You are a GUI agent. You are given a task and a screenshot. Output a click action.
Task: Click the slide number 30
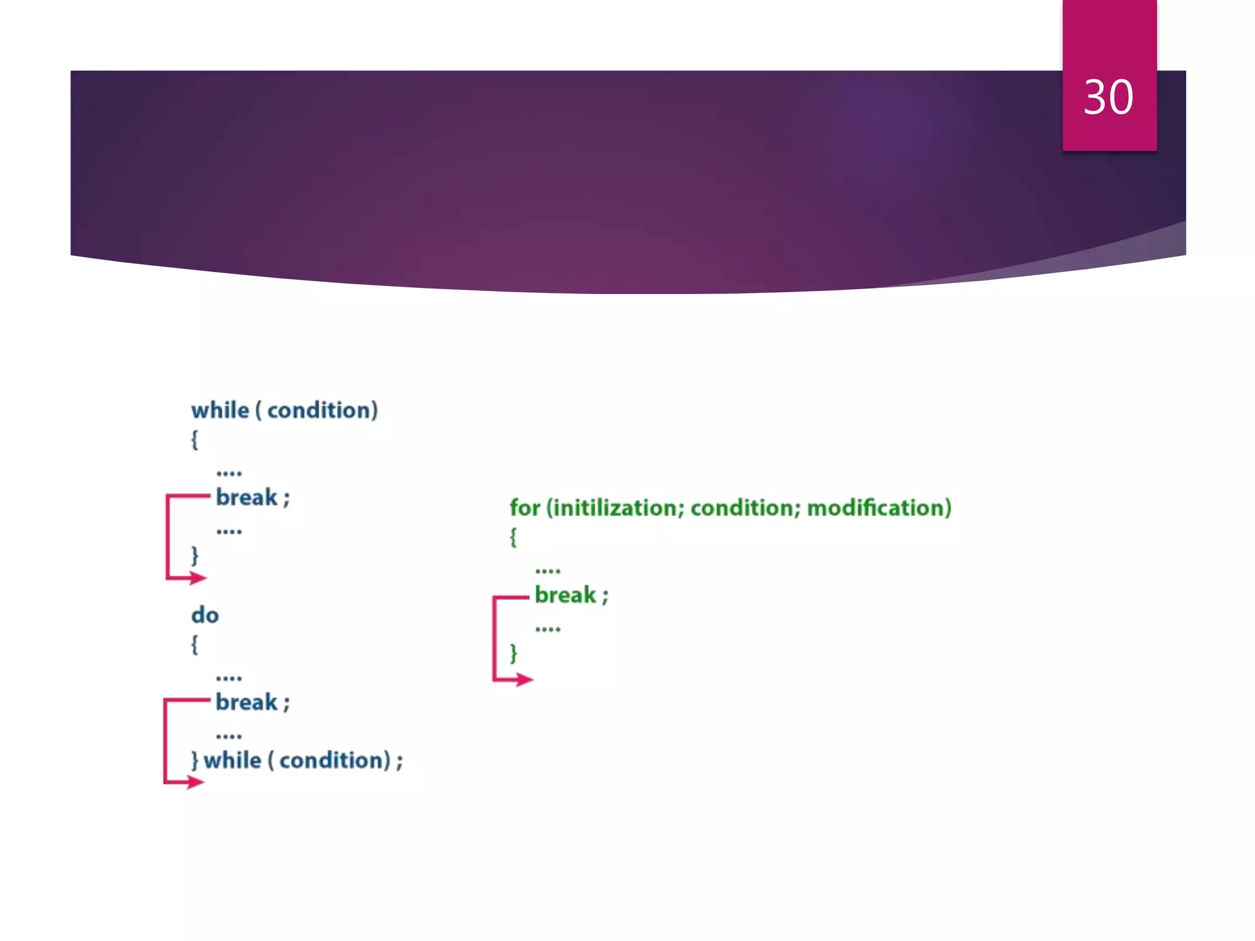pyautogui.click(x=1108, y=97)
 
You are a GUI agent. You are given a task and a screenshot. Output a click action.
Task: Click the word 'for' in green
pyautogui.click(x=525, y=508)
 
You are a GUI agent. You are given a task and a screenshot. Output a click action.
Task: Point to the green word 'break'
pyautogui.click(x=565, y=595)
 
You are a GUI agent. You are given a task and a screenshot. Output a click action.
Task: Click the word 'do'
pyautogui.click(x=205, y=615)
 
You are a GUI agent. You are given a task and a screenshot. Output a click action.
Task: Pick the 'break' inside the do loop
pyautogui.click(x=246, y=702)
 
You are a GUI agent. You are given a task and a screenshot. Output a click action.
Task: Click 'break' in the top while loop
pyautogui.click(x=246, y=497)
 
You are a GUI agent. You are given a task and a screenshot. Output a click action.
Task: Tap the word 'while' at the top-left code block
pyautogui.click(x=220, y=410)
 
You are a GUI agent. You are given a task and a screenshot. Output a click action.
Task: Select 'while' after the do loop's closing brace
pyautogui.click(x=232, y=760)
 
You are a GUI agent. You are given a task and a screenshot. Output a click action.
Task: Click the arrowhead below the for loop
pyautogui.click(x=525, y=679)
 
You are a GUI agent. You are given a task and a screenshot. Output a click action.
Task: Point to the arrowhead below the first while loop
pyautogui.click(x=198, y=578)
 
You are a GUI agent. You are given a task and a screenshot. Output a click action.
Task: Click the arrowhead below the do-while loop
pyautogui.click(x=195, y=782)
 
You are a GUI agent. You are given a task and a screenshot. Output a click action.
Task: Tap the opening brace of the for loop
pyautogui.click(x=514, y=537)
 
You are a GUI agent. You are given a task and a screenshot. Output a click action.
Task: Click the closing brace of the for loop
pyautogui.click(x=514, y=653)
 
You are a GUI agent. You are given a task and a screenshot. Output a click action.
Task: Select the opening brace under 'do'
pyautogui.click(x=195, y=644)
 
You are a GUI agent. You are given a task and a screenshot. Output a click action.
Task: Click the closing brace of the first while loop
pyautogui.click(x=195, y=555)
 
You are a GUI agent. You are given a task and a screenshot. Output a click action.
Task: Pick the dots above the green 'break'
pyautogui.click(x=547, y=571)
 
